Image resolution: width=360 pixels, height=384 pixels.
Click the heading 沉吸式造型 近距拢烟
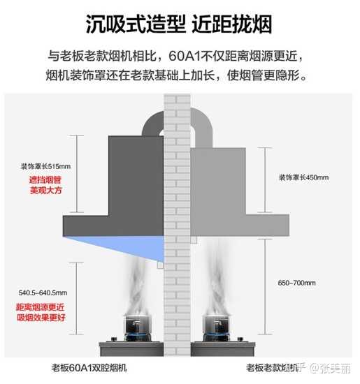coord(179,24)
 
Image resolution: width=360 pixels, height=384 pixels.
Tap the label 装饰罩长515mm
coord(45,167)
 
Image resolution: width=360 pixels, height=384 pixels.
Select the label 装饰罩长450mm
coord(304,177)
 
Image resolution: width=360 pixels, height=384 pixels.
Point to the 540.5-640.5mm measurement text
coord(43,293)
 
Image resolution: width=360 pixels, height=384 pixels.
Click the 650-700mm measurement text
coord(296,283)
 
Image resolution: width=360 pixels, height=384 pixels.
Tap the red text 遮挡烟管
coord(45,180)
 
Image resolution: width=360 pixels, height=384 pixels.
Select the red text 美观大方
coord(45,191)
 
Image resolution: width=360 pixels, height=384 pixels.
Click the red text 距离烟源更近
coord(41,307)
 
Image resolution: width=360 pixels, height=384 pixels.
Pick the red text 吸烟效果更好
coord(41,318)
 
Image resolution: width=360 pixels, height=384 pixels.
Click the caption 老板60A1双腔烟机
coord(89,367)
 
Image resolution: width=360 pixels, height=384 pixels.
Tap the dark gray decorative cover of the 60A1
coord(136,175)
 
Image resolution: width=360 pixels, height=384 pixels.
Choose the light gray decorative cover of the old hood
coord(218,182)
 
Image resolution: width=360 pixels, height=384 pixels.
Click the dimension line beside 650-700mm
coord(265,286)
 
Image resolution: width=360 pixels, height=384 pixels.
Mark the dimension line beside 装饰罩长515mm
coord(77,174)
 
